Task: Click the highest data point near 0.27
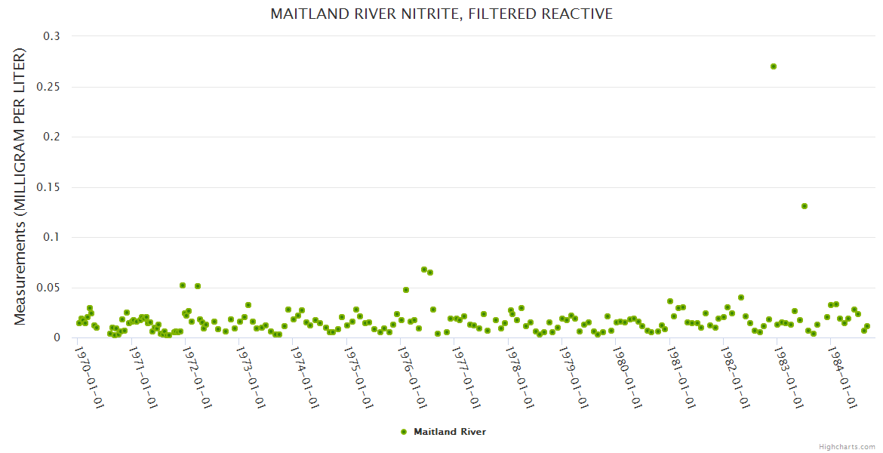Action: tap(774, 66)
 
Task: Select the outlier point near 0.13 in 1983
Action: tap(805, 206)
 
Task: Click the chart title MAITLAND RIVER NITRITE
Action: tap(441, 14)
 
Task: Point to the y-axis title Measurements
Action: tap(20, 186)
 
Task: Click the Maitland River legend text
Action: tap(450, 432)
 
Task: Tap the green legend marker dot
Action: tap(404, 432)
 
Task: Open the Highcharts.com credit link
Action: tap(847, 446)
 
